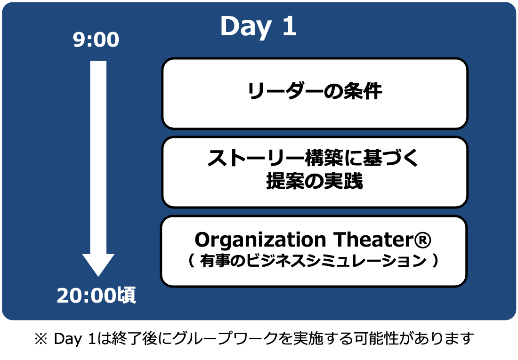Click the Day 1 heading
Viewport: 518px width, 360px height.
click(x=259, y=26)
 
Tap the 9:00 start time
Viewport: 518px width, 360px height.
click(x=96, y=40)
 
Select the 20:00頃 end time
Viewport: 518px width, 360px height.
click(x=96, y=295)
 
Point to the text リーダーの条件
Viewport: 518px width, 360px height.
click(x=315, y=91)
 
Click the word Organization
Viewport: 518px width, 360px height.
click(x=260, y=240)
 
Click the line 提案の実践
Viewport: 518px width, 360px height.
click(x=315, y=181)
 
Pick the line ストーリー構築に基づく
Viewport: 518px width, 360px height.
click(x=313, y=158)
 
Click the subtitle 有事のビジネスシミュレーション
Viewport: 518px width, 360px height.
click(x=313, y=261)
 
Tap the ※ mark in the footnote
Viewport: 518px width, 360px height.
click(x=41, y=339)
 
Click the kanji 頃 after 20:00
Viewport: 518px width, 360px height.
click(x=127, y=295)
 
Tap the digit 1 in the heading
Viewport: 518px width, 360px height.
click(x=290, y=26)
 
